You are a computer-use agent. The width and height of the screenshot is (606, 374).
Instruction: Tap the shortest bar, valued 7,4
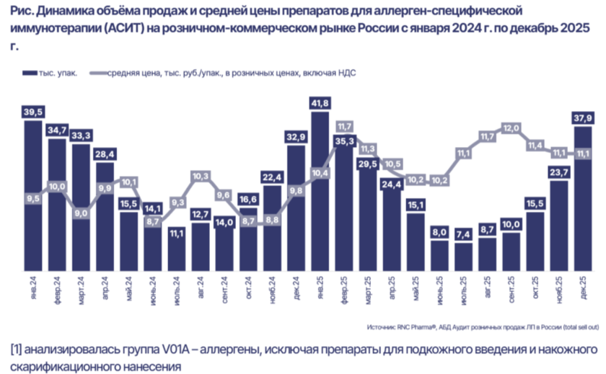[463, 259]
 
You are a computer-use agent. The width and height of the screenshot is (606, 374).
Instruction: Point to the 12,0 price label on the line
[511, 128]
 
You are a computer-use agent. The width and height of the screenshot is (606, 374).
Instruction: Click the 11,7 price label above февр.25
[344, 125]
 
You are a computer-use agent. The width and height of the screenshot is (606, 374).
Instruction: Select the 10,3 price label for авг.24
[201, 176]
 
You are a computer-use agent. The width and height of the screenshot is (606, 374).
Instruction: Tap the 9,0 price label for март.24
[82, 213]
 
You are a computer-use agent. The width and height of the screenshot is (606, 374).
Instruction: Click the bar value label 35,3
[344, 141]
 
